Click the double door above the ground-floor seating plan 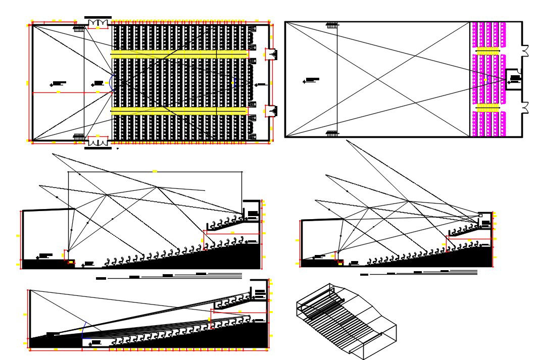pyautogui.click(x=98, y=23)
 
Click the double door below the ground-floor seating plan pyautogui.click(x=98, y=141)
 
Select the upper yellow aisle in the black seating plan pyautogui.click(x=179, y=53)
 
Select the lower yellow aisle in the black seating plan pyautogui.click(x=179, y=110)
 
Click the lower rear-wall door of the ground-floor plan pyautogui.click(x=271, y=111)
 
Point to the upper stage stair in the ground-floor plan pyautogui.click(x=78, y=29)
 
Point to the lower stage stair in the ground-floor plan pyautogui.click(x=78, y=136)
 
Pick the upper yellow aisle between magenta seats pyautogui.click(x=488, y=50)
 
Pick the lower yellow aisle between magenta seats pyautogui.click(x=488, y=108)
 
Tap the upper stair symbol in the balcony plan pyautogui.click(x=332, y=24)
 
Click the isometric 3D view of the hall pyautogui.click(x=346, y=321)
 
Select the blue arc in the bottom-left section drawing pyautogui.click(x=83, y=330)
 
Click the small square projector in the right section pyautogui.click(x=480, y=216)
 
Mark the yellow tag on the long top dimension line pyautogui.click(x=155, y=172)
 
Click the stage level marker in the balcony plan pyautogui.click(x=312, y=80)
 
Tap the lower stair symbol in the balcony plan pyautogui.click(x=332, y=133)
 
